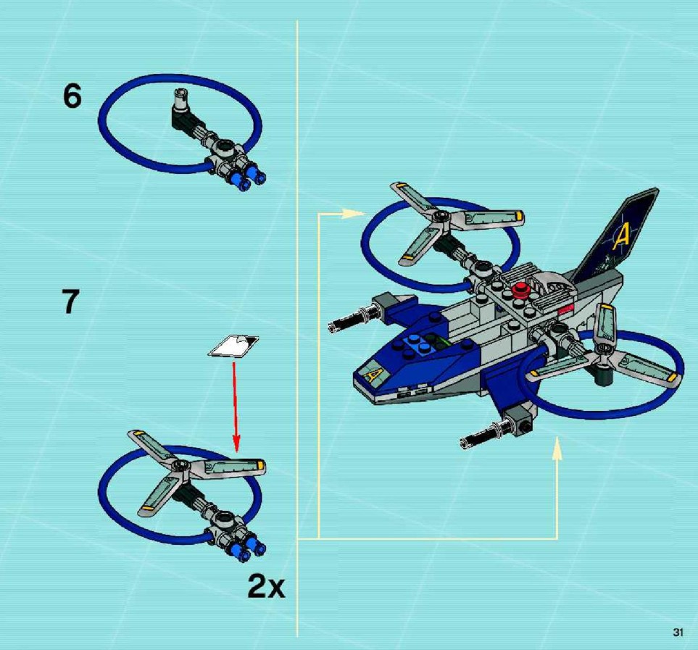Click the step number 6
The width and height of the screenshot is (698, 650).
(x=72, y=96)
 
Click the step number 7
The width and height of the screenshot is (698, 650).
(x=70, y=301)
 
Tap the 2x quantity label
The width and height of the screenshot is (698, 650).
(x=266, y=586)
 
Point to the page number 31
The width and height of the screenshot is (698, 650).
(x=678, y=632)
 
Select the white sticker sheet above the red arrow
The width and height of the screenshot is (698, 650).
(x=233, y=346)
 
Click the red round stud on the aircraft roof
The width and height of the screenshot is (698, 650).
(x=520, y=291)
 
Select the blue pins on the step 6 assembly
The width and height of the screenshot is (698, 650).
(x=248, y=178)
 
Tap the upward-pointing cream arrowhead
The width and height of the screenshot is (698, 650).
(x=557, y=448)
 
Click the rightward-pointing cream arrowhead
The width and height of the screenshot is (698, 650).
(x=354, y=214)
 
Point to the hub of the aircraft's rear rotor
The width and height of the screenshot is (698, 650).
(x=441, y=217)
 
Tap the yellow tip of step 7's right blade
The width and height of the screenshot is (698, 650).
(x=259, y=465)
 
